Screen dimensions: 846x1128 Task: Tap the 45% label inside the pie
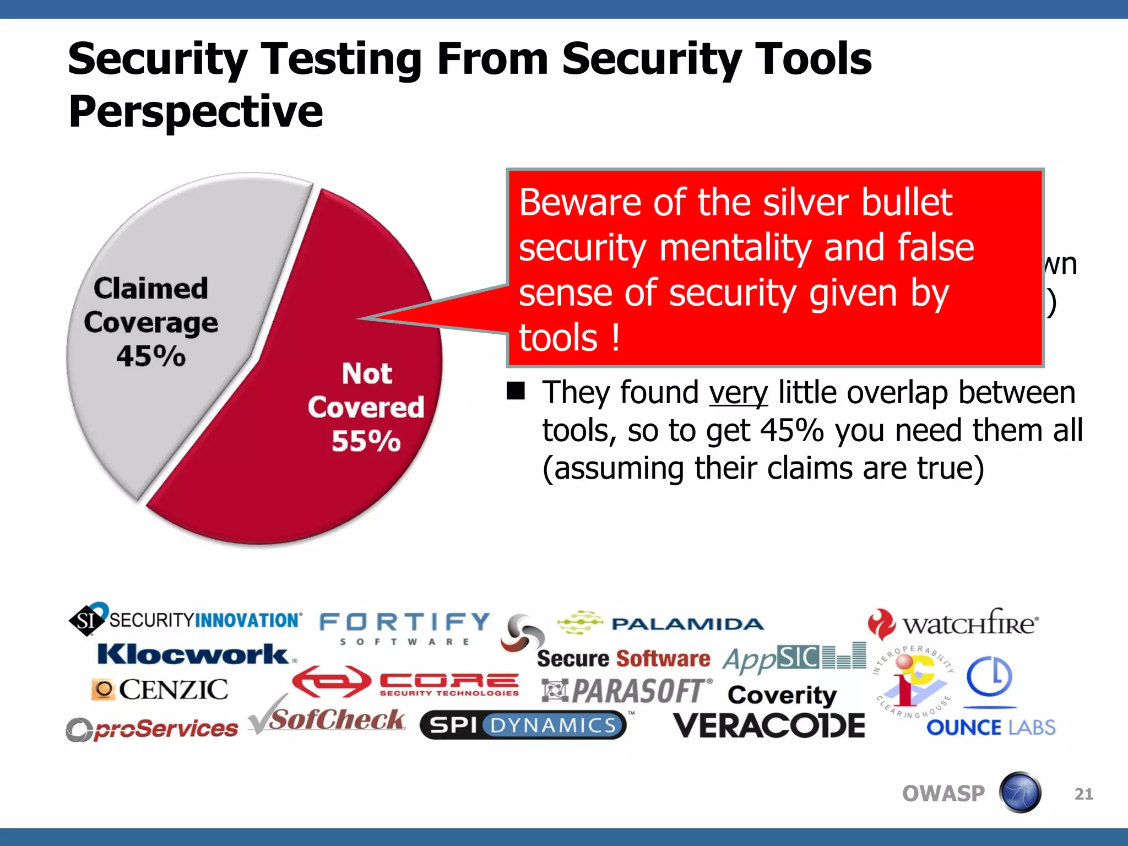[151, 356]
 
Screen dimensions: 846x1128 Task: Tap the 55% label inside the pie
[366, 441]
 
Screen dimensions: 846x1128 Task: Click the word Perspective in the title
[196, 112]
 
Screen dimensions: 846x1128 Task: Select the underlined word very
[738, 393]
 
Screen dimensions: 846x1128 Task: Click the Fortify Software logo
[405, 628]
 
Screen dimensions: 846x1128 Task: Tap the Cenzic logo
[160, 690]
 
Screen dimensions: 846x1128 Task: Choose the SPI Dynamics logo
[523, 725]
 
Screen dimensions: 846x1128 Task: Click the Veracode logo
[769, 726]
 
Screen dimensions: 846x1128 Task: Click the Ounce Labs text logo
[990, 728]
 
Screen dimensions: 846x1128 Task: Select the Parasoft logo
[627, 691]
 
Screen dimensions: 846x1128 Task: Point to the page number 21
[1083, 794]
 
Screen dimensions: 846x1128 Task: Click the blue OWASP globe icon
[1020, 793]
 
